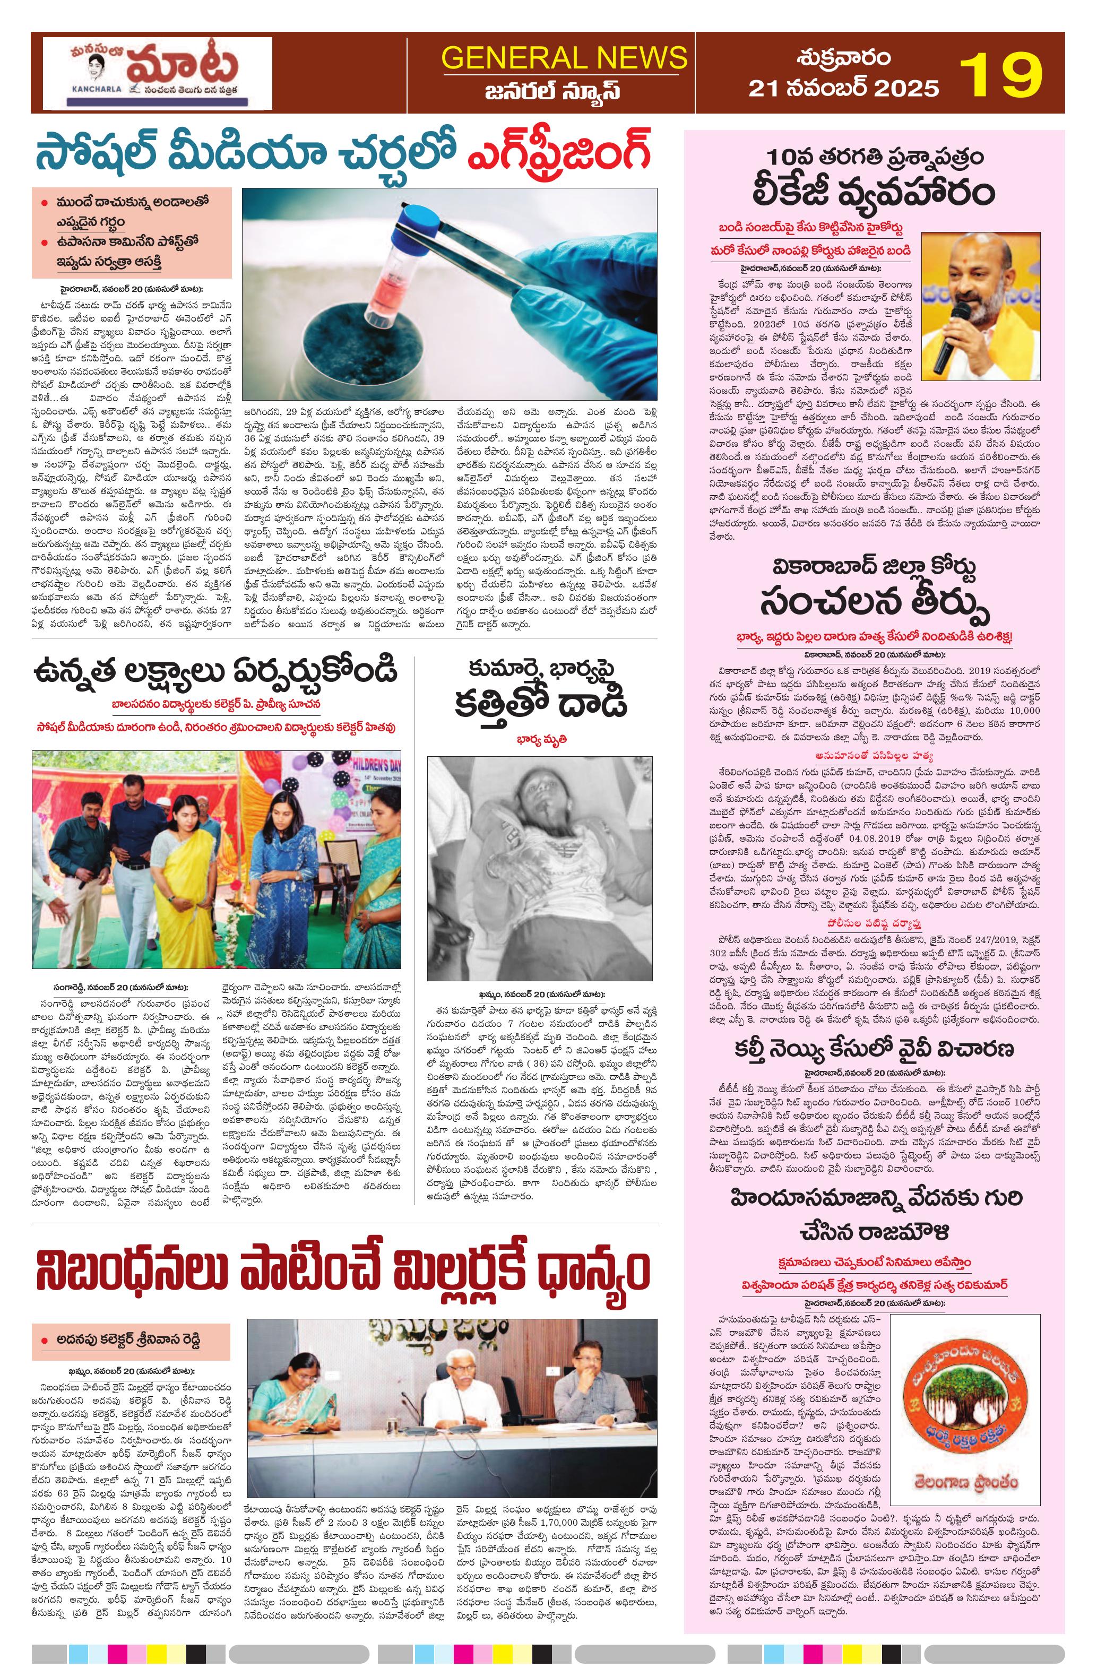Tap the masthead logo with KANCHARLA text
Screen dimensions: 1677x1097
pos(157,73)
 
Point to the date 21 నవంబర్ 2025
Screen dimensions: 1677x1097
pos(843,88)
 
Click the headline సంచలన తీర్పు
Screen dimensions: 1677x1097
pos(874,599)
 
